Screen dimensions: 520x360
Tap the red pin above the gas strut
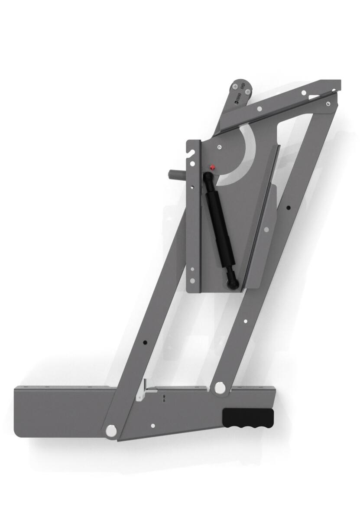click(x=211, y=167)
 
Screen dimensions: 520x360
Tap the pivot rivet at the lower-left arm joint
click(x=111, y=430)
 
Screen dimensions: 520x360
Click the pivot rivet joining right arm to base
click(x=220, y=387)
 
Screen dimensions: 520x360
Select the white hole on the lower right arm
click(x=246, y=322)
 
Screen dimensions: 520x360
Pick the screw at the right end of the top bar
click(x=328, y=103)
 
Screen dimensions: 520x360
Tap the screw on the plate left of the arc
click(x=220, y=147)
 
